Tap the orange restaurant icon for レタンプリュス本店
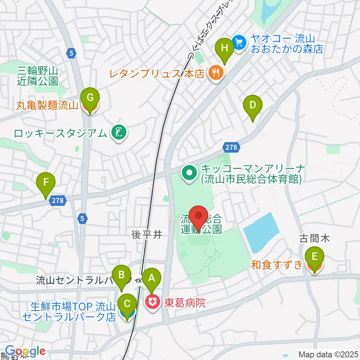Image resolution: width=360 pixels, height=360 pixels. tap(215, 72)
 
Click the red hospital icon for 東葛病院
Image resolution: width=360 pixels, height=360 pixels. tap(153, 303)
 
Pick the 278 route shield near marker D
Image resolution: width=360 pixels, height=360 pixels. tap(232, 147)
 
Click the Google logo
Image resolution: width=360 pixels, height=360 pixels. tap(25, 351)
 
